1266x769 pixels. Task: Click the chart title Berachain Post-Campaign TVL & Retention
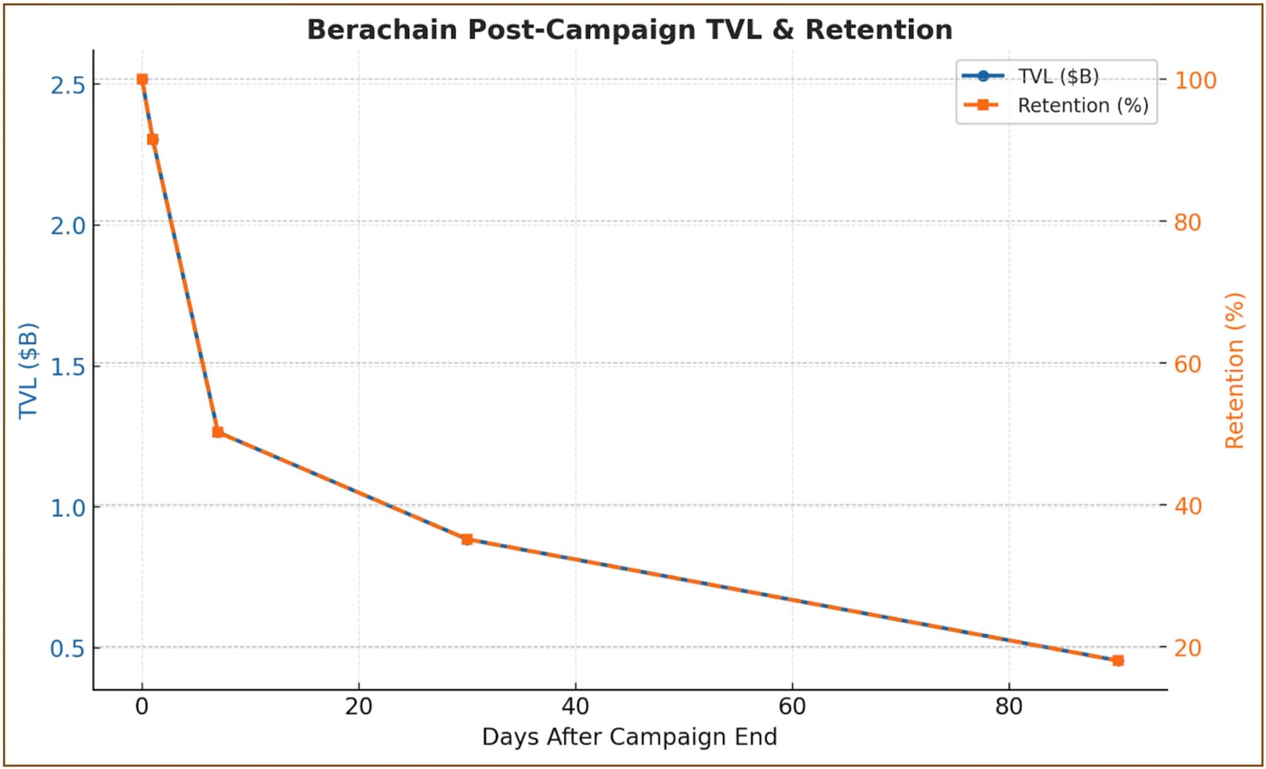[x=630, y=30]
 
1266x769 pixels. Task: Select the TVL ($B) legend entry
[x=1058, y=77]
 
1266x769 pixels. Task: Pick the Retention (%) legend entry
[x=1082, y=106]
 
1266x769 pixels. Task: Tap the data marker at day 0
[x=142, y=80]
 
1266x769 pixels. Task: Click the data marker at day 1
[x=153, y=139]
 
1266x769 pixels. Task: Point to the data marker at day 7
[x=218, y=432]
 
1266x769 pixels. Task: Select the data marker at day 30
[x=467, y=539]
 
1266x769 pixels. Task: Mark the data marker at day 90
[x=1118, y=660]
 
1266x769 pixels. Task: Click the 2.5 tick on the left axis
[x=68, y=85]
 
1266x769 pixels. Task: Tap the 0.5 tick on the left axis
[x=68, y=649]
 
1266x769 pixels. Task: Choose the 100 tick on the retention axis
[x=1195, y=80]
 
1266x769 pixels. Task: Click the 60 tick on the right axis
[x=1188, y=364]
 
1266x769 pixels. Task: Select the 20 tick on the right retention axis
[x=1188, y=648]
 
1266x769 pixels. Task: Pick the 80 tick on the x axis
[x=1009, y=707]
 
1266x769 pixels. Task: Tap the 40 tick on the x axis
[x=575, y=707]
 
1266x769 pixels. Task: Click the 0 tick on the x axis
[x=142, y=707]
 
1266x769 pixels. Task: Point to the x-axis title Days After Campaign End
[x=629, y=737]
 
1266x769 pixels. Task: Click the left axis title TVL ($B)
[x=28, y=371]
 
